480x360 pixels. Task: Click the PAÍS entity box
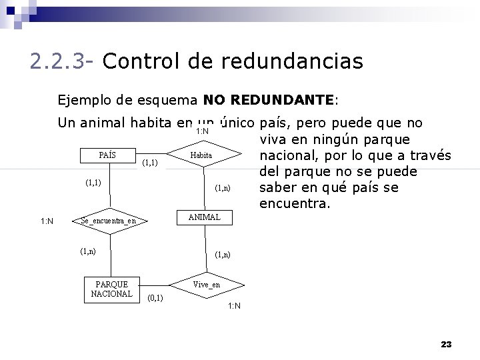(x=107, y=155)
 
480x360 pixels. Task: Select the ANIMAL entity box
(x=204, y=217)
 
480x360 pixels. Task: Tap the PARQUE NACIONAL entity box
(x=112, y=289)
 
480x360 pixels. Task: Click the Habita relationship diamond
(x=201, y=155)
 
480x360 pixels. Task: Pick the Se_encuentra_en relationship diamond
(x=108, y=221)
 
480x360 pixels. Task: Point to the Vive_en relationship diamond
(x=206, y=285)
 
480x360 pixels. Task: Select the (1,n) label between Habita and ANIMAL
(x=223, y=188)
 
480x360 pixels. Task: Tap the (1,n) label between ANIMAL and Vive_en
(x=223, y=254)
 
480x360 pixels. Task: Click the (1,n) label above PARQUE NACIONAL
(x=87, y=251)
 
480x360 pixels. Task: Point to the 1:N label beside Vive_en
(x=234, y=306)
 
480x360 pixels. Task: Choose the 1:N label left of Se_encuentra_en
(x=47, y=221)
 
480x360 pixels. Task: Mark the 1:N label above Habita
(x=202, y=131)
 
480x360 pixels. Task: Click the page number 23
(x=446, y=344)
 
